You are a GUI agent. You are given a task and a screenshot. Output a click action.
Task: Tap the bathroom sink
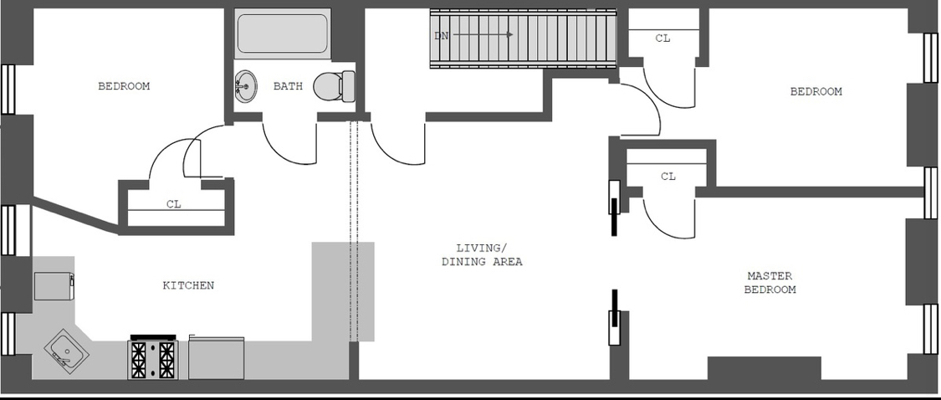245,85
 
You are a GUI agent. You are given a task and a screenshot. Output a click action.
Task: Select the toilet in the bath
334,85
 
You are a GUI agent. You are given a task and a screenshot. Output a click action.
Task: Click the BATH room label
287,86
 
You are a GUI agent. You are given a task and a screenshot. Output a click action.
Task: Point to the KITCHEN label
188,285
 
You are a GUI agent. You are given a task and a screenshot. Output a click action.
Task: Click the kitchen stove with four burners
153,357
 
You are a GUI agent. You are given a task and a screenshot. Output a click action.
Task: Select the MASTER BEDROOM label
770,283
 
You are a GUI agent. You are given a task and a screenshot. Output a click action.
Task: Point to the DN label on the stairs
442,35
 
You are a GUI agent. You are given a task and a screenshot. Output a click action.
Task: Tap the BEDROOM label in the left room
124,86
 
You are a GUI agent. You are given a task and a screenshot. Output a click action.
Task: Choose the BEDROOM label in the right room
816,91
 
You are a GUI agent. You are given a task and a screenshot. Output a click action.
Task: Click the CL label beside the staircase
662,38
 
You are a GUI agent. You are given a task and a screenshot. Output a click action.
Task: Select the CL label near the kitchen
173,203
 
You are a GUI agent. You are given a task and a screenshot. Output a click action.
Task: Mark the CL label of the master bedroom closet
667,177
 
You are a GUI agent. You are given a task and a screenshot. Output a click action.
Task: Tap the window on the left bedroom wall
8,89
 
